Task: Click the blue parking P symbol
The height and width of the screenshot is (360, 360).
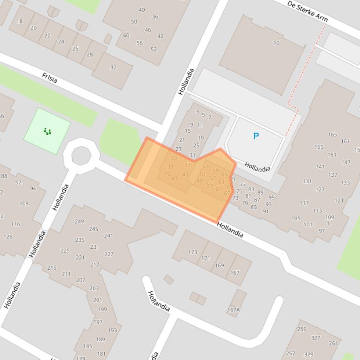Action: coord(256,136)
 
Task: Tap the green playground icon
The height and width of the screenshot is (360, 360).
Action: coord(47,131)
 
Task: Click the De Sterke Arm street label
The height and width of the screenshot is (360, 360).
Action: coord(307,11)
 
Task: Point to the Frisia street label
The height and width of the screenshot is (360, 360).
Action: coord(50,78)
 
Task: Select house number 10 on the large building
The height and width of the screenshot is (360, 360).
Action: coord(276,43)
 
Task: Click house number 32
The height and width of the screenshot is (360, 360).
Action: coord(113,67)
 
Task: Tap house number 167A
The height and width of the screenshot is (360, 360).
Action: coord(234,310)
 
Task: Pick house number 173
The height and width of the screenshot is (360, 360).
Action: coord(192,252)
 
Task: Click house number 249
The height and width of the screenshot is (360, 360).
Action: coord(80,222)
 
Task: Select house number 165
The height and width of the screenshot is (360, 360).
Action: coord(332,135)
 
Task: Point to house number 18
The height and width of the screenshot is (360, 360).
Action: coord(19,21)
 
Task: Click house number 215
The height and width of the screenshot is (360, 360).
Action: coord(51,268)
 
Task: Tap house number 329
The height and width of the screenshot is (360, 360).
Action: coord(309,354)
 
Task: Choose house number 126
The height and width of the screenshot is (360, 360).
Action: coord(8,237)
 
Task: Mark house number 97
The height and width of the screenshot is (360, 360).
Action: coord(322,231)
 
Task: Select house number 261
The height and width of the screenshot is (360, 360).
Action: coord(333,343)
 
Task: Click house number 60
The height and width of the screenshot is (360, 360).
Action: coord(126,36)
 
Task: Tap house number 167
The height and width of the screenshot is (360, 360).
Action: coord(235,273)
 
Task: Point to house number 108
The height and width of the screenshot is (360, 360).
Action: coord(23,203)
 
